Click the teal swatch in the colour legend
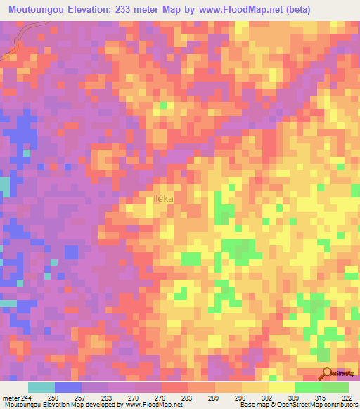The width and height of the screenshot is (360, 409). [41, 388]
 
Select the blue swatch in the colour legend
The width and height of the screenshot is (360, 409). [68, 388]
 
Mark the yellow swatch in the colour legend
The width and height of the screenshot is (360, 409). [281, 388]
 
